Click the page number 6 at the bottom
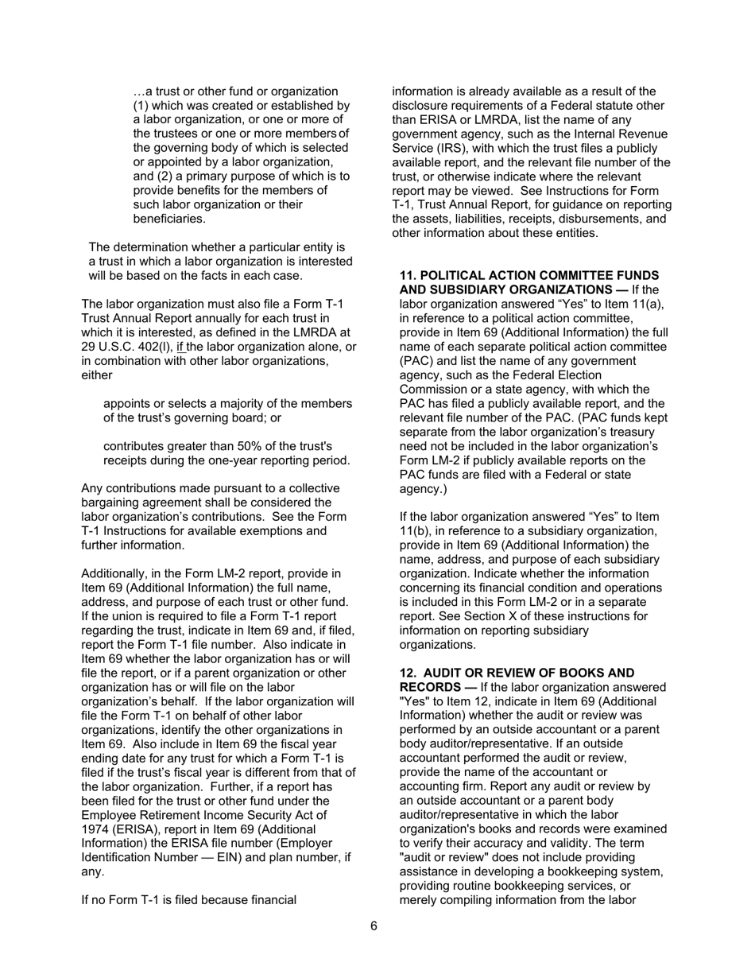[x=374, y=926]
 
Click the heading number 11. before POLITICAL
[x=408, y=275]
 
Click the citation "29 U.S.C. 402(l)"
[x=126, y=347]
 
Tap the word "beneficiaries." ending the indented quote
[x=169, y=219]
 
